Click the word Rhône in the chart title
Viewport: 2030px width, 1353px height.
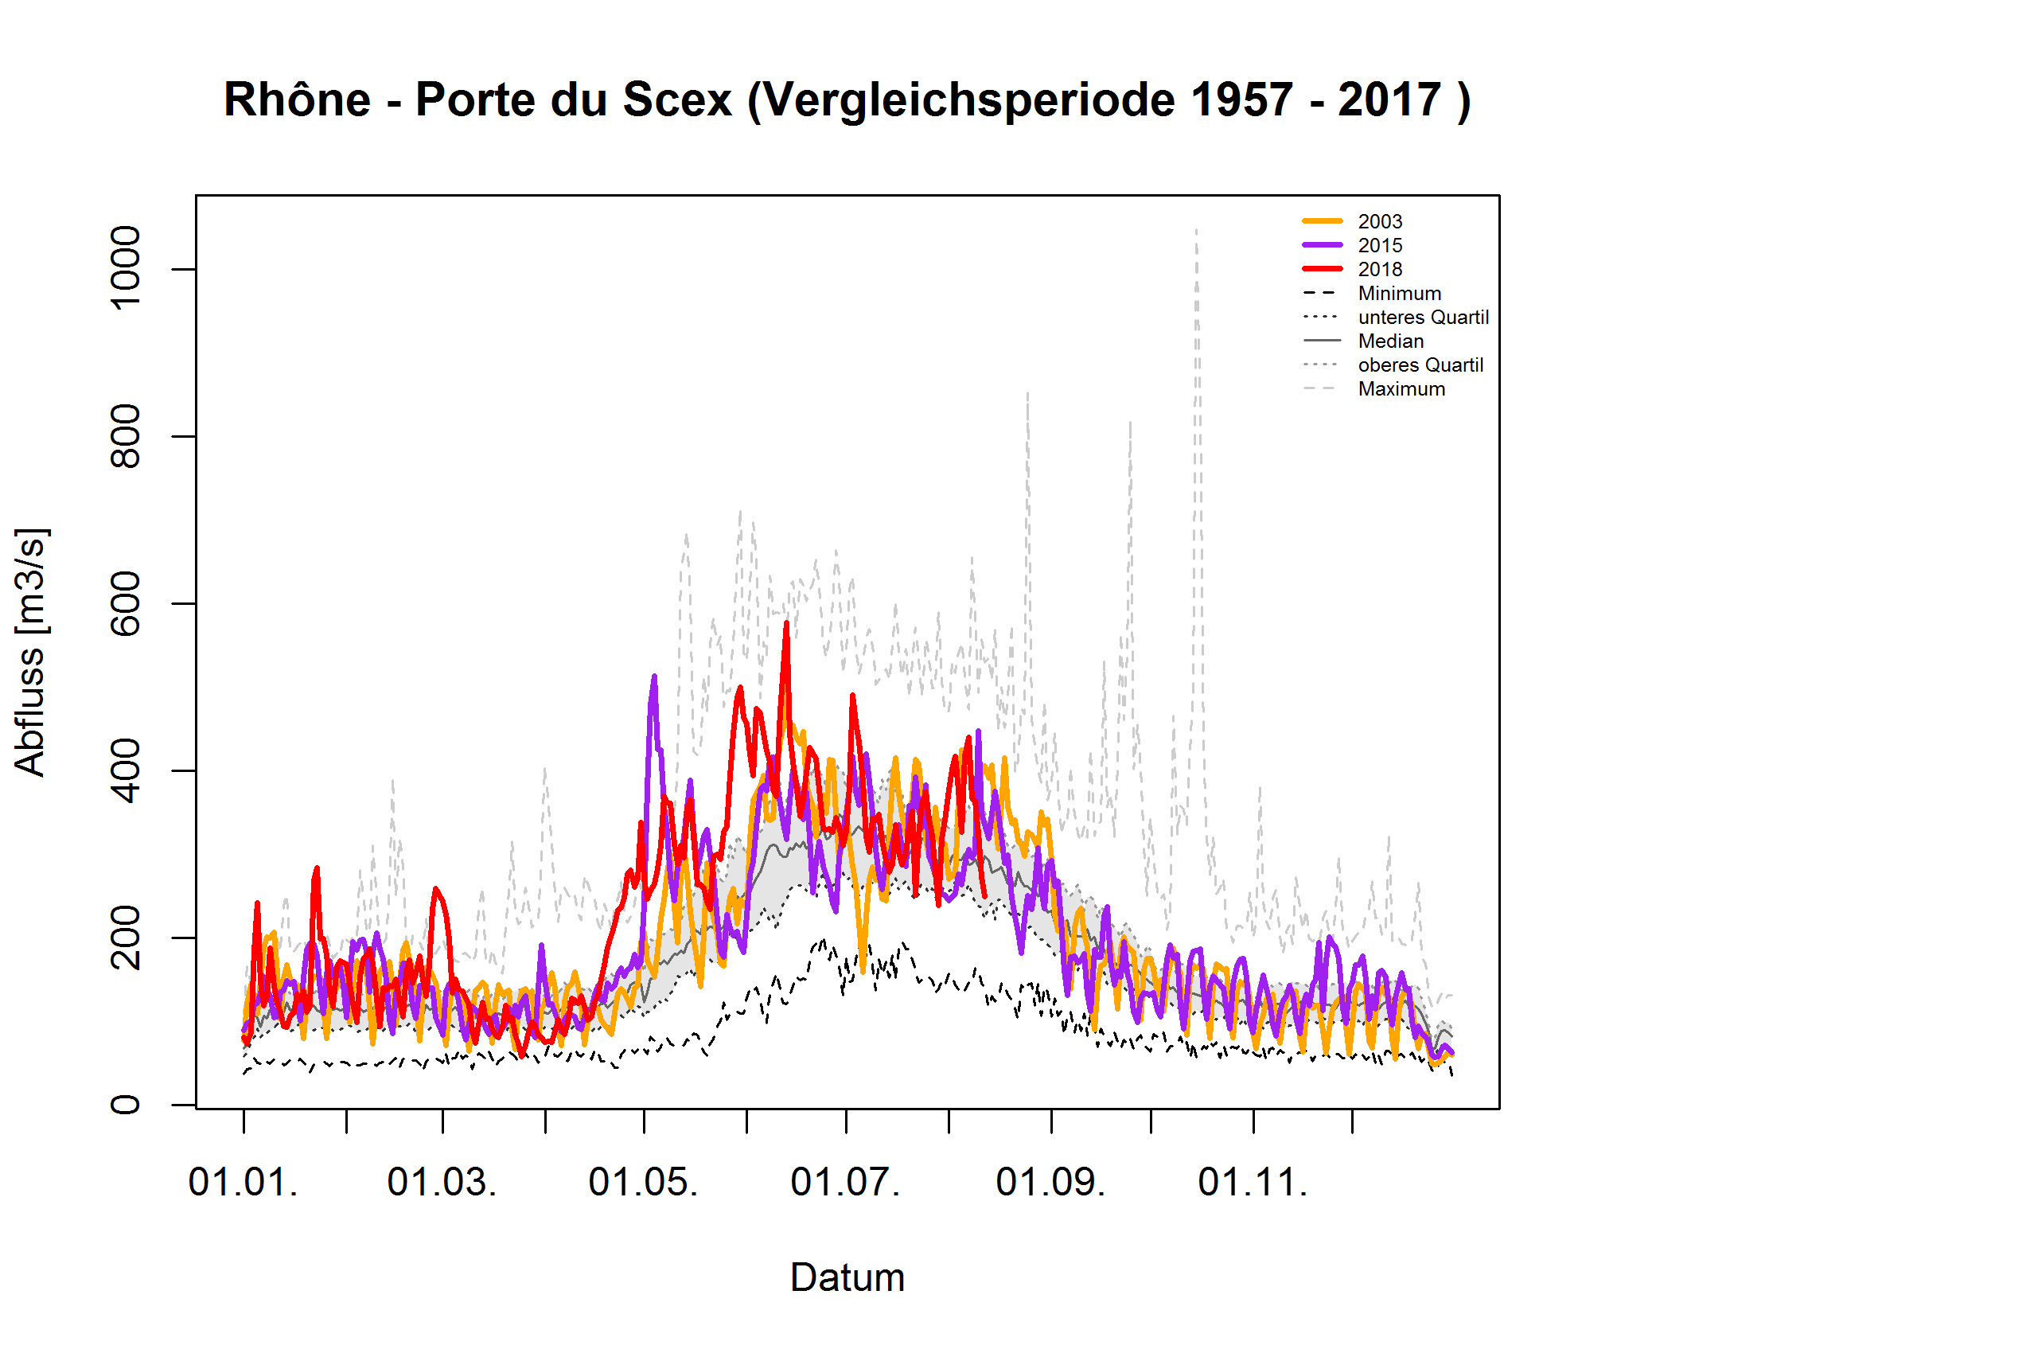[297, 100]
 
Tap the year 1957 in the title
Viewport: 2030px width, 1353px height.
[1239, 100]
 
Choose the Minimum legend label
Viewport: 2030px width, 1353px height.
[1398, 294]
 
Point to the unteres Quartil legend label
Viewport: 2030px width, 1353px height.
[1423, 318]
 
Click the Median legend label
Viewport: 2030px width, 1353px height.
[1390, 341]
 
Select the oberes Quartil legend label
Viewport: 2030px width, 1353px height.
[1420, 365]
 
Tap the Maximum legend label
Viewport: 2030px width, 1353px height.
[1401, 389]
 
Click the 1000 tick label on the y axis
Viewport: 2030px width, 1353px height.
[126, 267]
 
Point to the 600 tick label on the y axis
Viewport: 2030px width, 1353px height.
[126, 603]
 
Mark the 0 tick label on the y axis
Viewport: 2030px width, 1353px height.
[126, 1105]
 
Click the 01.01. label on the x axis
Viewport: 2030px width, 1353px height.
[244, 1182]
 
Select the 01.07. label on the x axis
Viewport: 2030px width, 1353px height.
[845, 1182]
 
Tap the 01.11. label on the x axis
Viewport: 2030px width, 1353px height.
[1253, 1182]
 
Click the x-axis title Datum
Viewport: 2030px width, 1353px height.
[847, 1278]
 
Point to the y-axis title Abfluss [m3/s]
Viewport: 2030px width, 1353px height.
[30, 653]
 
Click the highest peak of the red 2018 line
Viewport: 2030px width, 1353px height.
[786, 623]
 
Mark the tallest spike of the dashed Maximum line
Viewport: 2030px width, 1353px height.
[1197, 229]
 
